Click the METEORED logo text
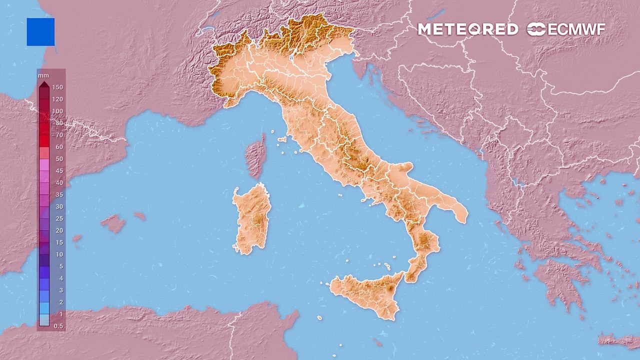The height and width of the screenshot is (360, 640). click(467, 29)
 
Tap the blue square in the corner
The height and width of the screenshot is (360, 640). click(40, 32)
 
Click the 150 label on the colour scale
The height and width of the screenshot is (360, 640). click(57, 87)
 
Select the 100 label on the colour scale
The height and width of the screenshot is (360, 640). click(57, 111)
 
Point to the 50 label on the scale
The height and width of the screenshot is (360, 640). click(59, 159)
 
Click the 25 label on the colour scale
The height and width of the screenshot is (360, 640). click(59, 218)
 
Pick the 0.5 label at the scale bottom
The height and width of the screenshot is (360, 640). click(58, 326)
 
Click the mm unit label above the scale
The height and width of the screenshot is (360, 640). click(43, 75)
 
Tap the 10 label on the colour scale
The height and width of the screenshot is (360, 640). click(59, 254)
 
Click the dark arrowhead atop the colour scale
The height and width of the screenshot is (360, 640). click(44, 83)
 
